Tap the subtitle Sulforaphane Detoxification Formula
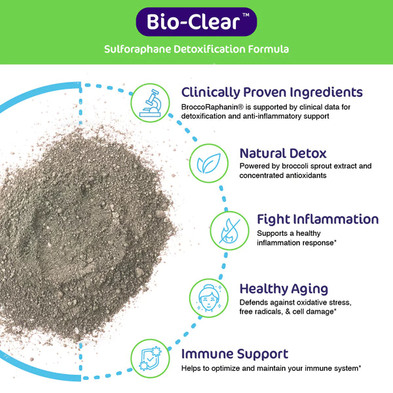(x=196, y=50)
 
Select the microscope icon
(x=150, y=102)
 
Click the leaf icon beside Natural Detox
(x=209, y=162)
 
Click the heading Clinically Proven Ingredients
(x=271, y=92)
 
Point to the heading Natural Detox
(x=283, y=153)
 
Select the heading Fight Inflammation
(x=309, y=219)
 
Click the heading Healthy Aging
(x=284, y=288)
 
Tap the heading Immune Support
(x=234, y=354)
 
